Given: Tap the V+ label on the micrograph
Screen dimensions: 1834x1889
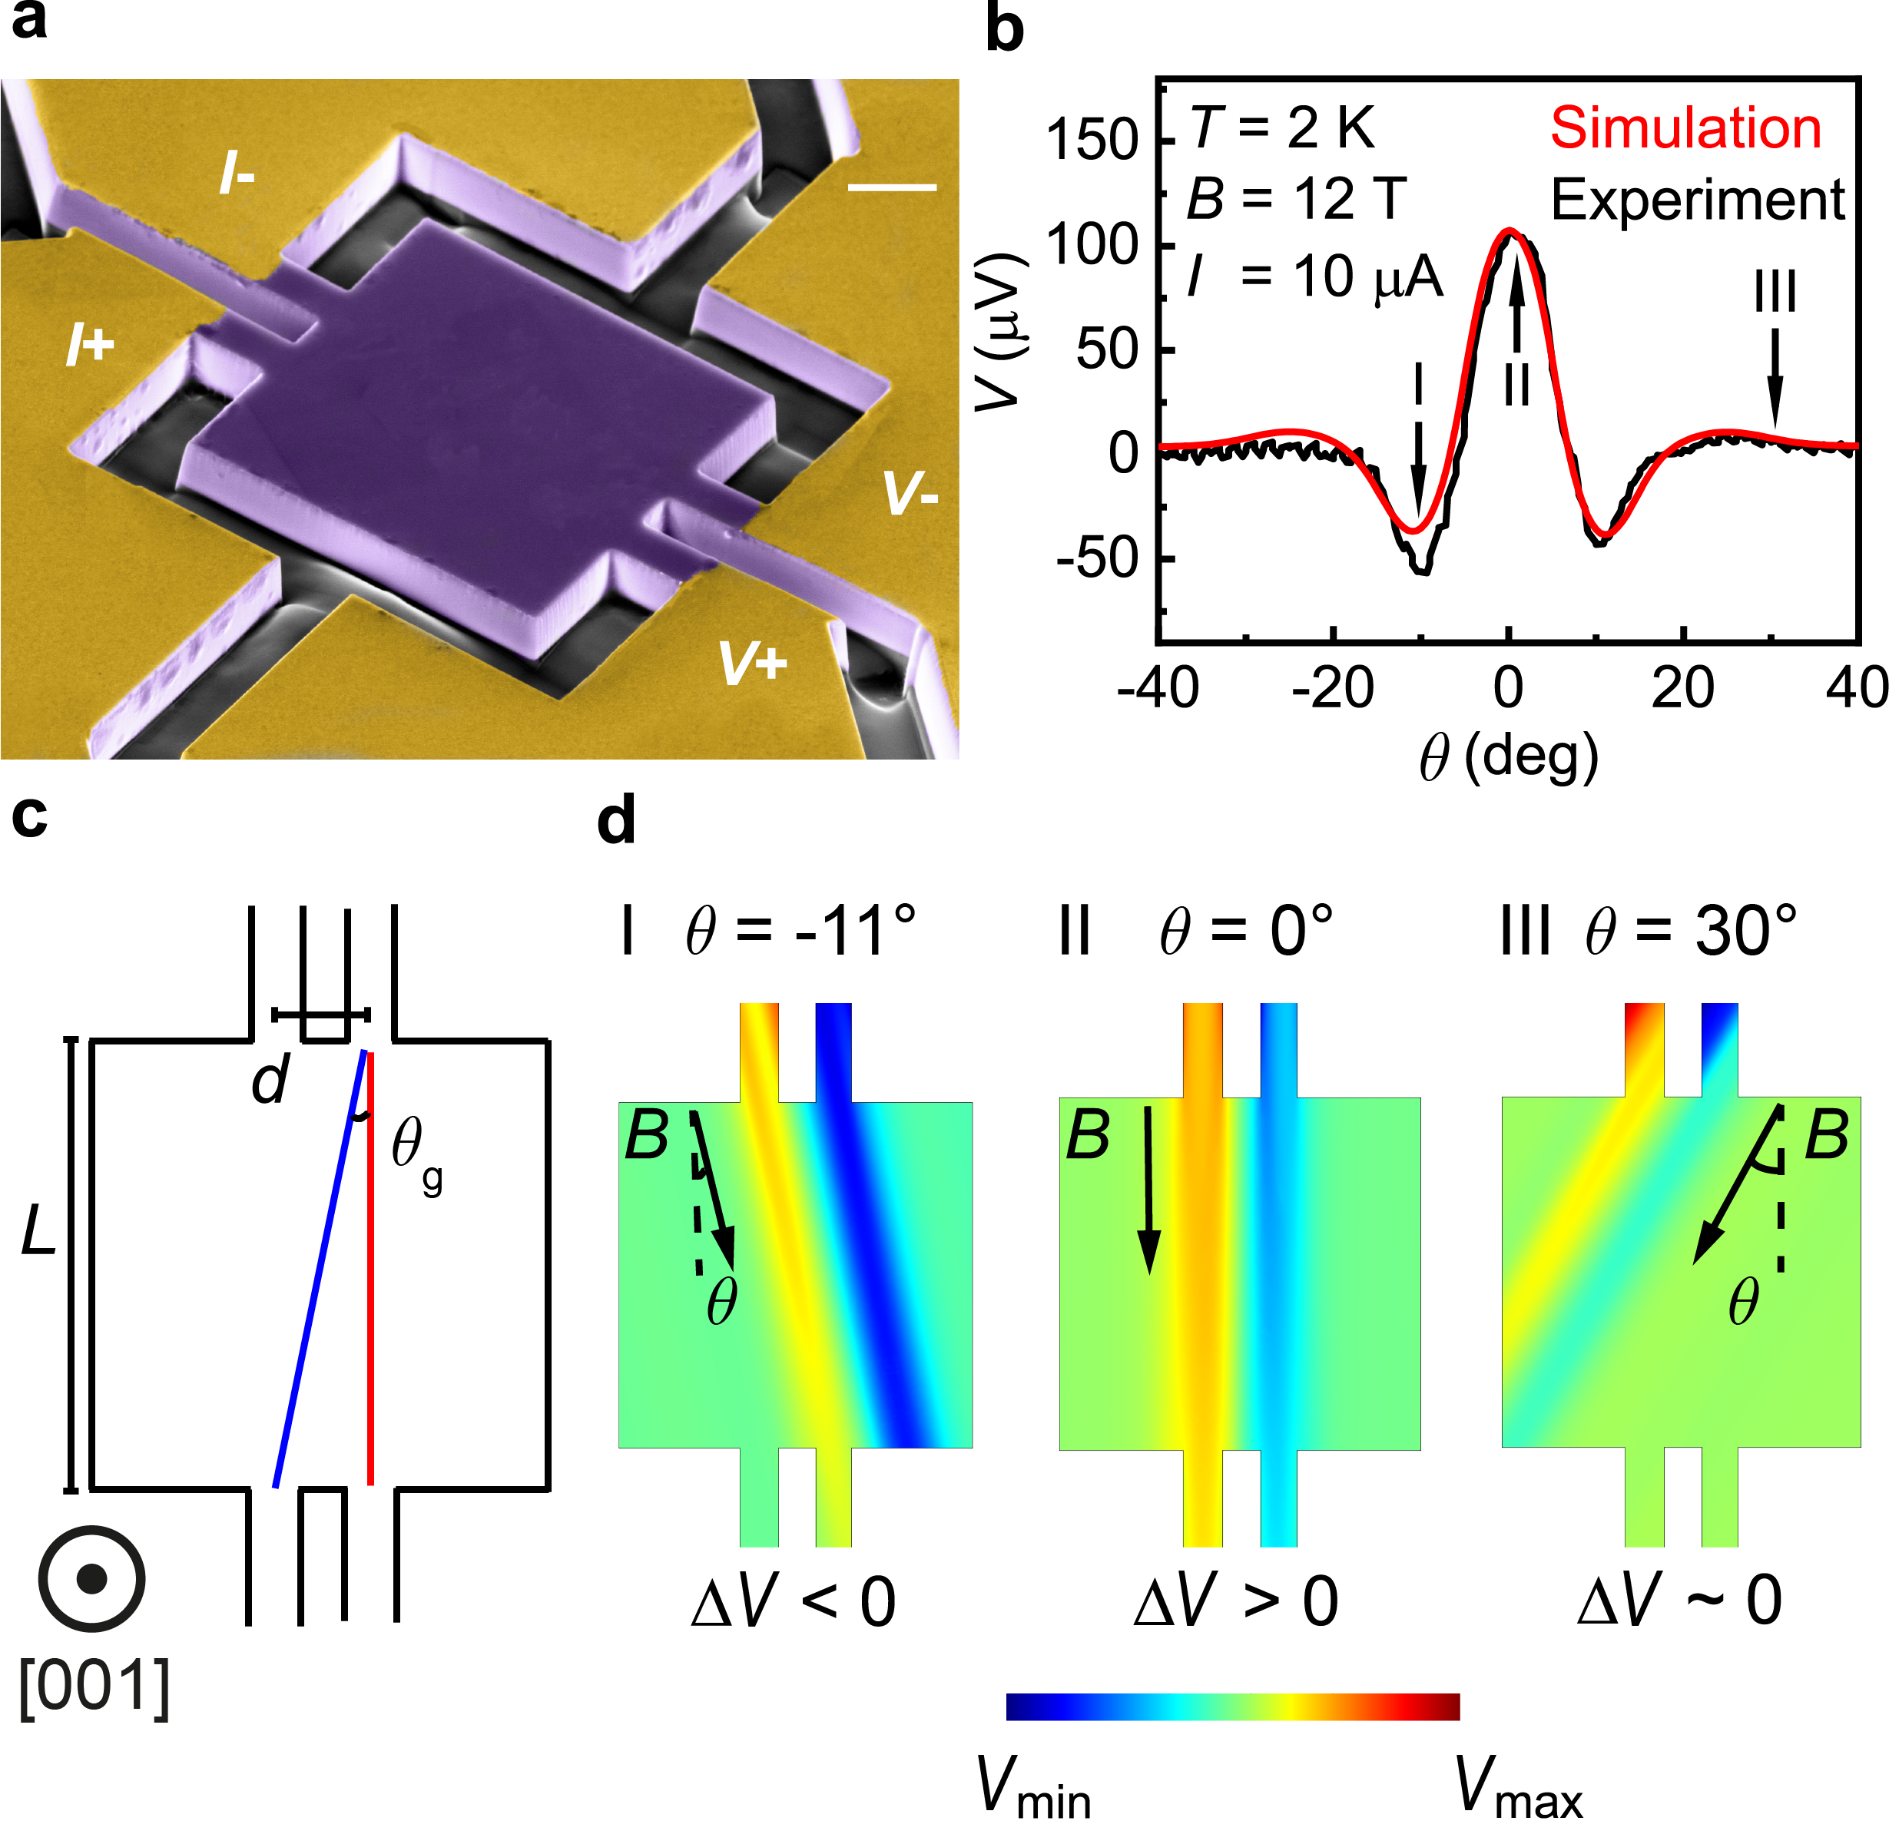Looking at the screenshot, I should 753,664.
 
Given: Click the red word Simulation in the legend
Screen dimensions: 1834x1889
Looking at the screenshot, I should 1685,128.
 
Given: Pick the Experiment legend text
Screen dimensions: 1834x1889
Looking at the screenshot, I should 1697,200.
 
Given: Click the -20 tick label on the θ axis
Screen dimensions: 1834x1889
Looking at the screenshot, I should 1333,688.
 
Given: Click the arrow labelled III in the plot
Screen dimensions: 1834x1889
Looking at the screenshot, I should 1775,378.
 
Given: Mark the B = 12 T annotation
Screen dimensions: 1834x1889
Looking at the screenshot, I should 1296,200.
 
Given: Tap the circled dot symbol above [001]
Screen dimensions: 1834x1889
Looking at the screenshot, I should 91,1577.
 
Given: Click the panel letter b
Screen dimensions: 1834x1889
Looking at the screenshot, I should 1004,29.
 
